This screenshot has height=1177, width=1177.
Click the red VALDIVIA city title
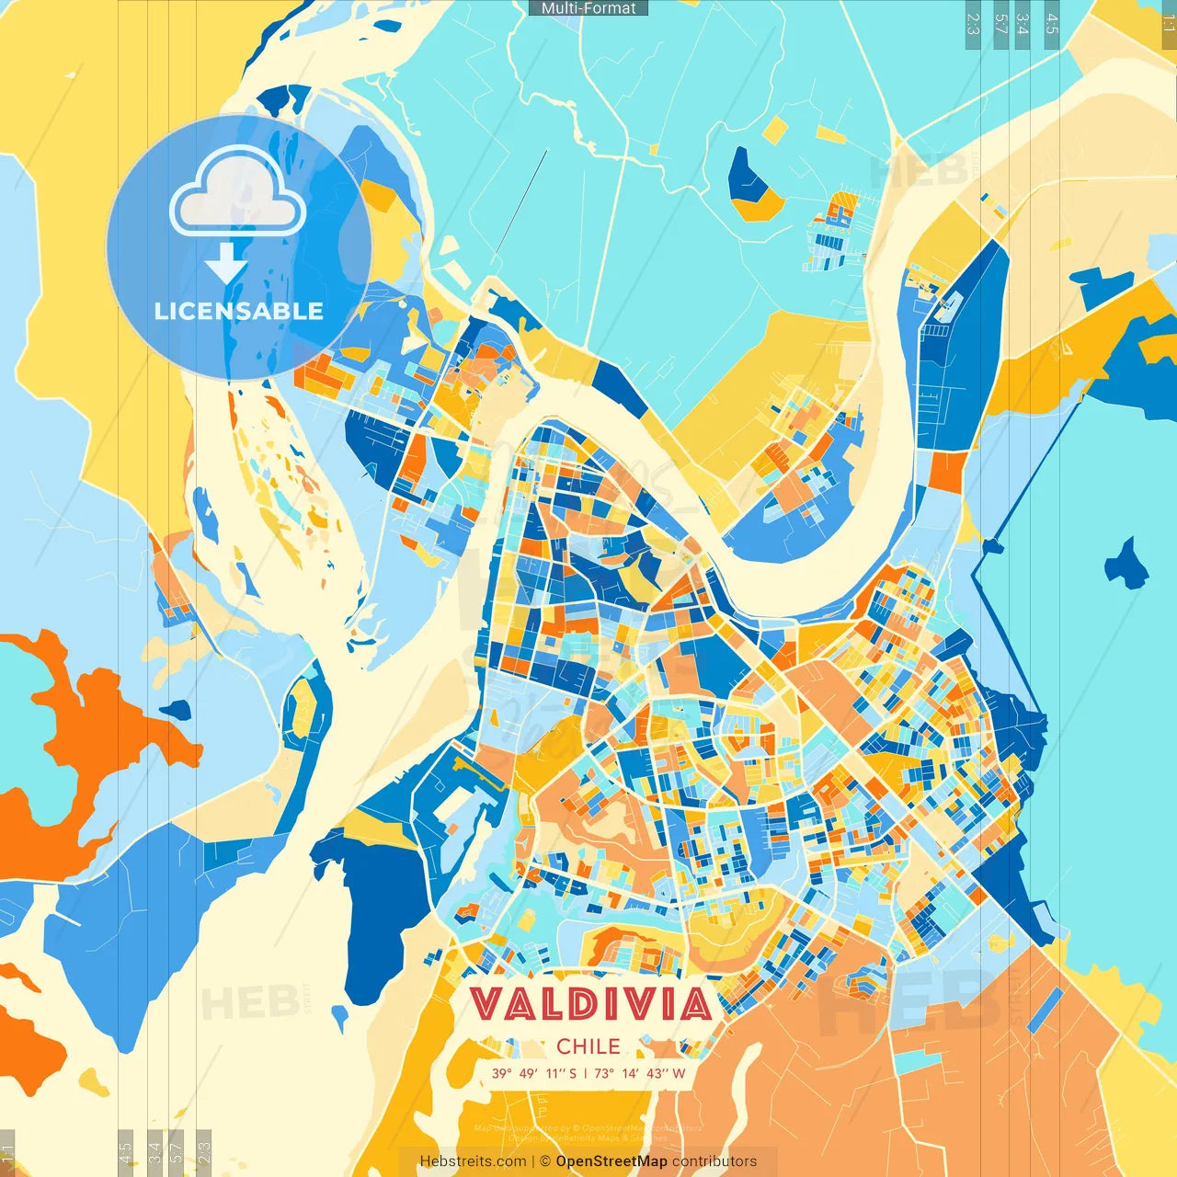click(x=591, y=1004)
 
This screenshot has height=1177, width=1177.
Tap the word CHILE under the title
click(x=588, y=1046)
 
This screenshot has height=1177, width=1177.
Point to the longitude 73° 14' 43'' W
click(x=640, y=1073)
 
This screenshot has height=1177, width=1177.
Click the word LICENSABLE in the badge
click(x=239, y=311)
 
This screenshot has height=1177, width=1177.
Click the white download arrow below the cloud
click(x=225, y=263)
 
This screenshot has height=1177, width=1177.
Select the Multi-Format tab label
click(x=588, y=8)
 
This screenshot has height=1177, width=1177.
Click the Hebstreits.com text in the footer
click(x=473, y=1161)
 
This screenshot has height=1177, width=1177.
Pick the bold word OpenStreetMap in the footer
click(x=611, y=1161)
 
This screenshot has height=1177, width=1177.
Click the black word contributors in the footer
click(x=714, y=1161)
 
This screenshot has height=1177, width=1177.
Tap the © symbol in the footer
click(x=545, y=1161)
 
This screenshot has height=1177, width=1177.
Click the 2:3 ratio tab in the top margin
click(x=973, y=24)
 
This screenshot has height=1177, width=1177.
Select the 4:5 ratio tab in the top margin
click(x=1052, y=24)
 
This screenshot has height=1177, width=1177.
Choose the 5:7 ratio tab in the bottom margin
click(x=177, y=1151)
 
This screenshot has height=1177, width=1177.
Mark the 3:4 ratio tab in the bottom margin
click(x=154, y=1151)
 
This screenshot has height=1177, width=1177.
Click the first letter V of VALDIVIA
click(x=488, y=1004)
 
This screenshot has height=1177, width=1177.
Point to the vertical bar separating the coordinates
click(x=586, y=1073)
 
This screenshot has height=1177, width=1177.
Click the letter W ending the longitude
click(x=679, y=1073)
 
